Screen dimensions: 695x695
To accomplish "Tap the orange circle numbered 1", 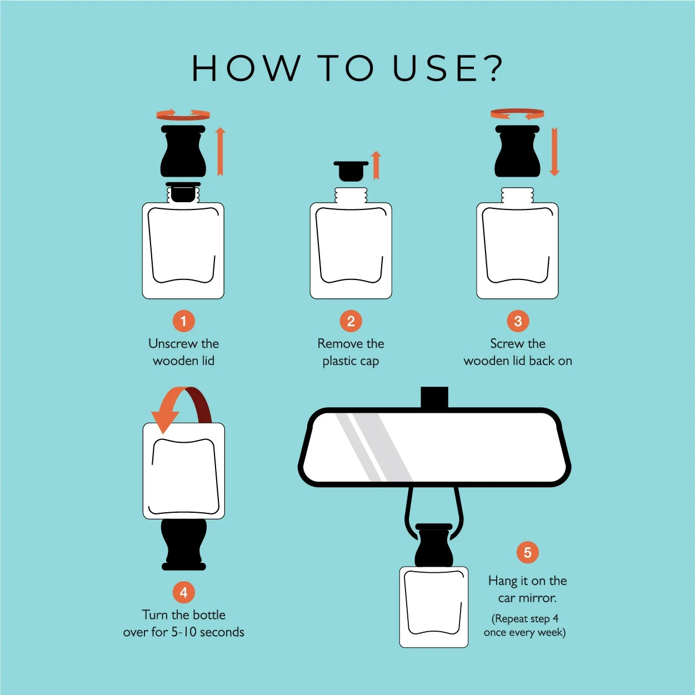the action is pyautogui.click(x=183, y=321).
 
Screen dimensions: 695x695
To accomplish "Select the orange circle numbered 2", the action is pyautogui.click(x=351, y=321).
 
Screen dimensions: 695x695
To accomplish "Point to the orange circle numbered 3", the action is pyautogui.click(x=518, y=321).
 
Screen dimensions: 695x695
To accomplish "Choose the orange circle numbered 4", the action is pyautogui.click(x=183, y=593).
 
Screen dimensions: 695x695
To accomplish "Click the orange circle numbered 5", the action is pyautogui.click(x=528, y=552).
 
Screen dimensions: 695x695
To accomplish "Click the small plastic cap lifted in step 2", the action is pyautogui.click(x=351, y=171).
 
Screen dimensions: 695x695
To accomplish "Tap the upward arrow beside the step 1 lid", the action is pyautogui.click(x=221, y=152).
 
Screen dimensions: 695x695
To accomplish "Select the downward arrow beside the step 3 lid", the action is pyautogui.click(x=554, y=152).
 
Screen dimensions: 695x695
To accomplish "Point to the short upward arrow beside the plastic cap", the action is pyautogui.click(x=376, y=165).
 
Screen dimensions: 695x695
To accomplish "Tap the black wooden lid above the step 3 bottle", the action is pyautogui.click(x=518, y=151).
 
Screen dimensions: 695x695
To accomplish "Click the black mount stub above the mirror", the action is pyautogui.click(x=434, y=397).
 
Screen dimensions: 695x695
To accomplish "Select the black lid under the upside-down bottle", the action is pyautogui.click(x=184, y=544).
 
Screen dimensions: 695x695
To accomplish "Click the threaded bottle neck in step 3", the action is pyautogui.click(x=518, y=195).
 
